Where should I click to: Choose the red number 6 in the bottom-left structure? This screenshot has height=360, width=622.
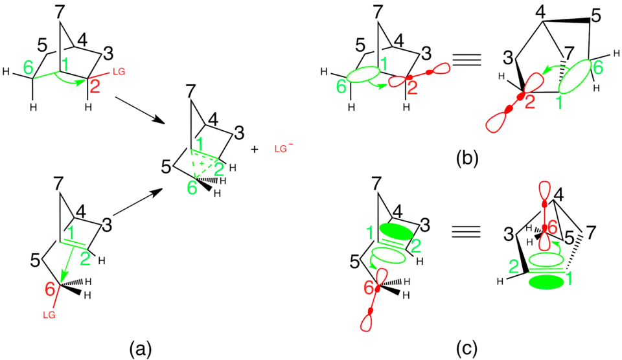click(50, 291)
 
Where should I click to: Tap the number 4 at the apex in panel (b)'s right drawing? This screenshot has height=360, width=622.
click(538, 12)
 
